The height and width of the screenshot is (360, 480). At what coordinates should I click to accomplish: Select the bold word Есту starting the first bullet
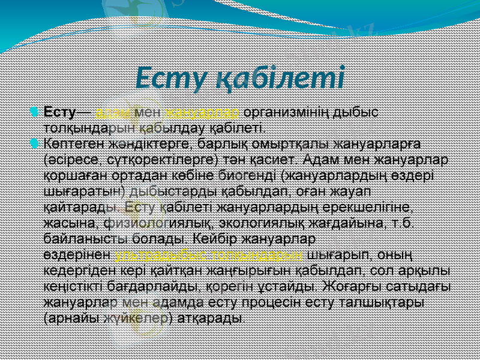click(x=59, y=113)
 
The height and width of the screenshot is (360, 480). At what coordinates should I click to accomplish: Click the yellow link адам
click(x=109, y=113)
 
